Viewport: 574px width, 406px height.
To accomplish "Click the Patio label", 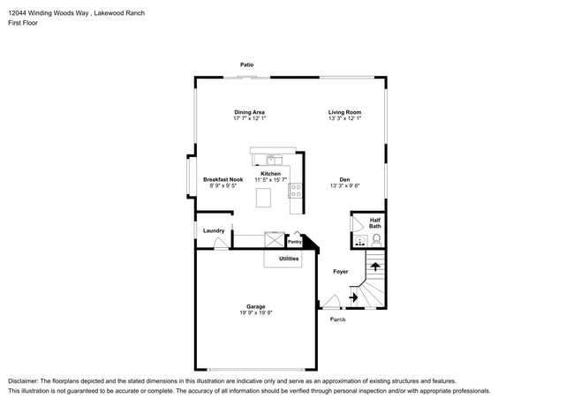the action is point(246,64).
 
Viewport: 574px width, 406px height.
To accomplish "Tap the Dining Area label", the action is point(249,112).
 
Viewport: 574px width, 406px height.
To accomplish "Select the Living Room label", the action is point(344,112).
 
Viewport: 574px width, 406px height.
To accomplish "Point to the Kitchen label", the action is point(270,174).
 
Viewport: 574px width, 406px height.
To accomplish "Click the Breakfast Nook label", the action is point(223,179).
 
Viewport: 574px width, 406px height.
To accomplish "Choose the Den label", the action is point(344,179).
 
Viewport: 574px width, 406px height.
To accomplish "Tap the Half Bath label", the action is point(374,223).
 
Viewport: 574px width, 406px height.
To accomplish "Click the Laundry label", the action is point(214,230).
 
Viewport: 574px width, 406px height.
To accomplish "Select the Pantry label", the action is point(295,242).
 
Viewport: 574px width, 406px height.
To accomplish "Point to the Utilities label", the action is point(289,259).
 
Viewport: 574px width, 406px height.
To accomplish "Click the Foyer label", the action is point(341,271).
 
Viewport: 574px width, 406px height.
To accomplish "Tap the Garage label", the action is point(255,306).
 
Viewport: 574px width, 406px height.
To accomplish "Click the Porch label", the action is point(337,320).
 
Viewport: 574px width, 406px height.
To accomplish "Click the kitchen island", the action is point(263,198).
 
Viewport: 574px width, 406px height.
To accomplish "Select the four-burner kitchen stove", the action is point(296,191).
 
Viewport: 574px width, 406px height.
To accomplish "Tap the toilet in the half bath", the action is point(376,240).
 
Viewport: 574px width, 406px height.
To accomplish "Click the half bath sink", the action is point(360,241).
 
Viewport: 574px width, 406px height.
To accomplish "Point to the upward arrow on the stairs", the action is point(375,267).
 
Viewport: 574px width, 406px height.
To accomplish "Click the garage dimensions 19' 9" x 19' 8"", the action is point(256,312).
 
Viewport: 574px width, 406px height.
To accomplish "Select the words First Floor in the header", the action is point(23,23).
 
